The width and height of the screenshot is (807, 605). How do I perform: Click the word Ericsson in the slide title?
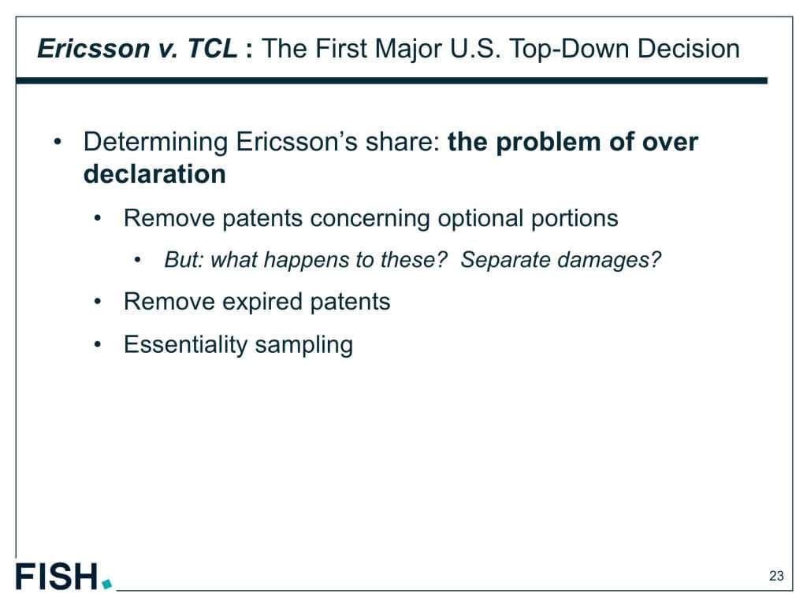(94, 49)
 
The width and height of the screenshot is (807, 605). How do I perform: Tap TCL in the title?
(212, 49)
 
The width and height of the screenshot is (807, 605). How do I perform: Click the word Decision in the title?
(689, 49)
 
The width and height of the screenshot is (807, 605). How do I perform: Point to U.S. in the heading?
(475, 49)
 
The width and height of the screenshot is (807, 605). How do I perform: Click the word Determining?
(155, 143)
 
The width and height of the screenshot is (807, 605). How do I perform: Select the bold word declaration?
(154, 174)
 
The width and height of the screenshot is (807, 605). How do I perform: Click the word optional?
(480, 219)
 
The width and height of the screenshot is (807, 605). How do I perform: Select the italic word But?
(184, 260)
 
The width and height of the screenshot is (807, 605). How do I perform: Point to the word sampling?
(303, 345)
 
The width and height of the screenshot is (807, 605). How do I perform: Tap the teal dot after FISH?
(107, 584)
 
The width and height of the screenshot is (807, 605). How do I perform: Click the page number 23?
(776, 576)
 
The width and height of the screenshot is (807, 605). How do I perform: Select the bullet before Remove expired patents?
(98, 302)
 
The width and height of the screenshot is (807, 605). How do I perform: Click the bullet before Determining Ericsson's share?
(58, 142)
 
